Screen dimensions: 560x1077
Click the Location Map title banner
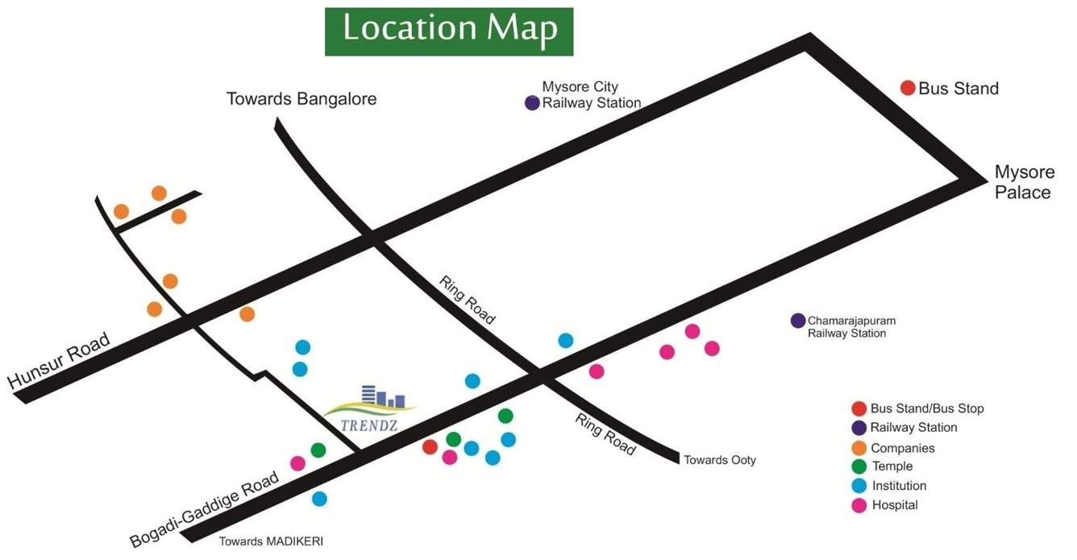449,31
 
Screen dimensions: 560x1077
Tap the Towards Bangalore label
301,99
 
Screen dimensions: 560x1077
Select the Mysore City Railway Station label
591,94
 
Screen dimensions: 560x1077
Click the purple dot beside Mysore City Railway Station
532,102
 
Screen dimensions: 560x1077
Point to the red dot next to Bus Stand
908,88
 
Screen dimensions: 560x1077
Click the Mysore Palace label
1023,182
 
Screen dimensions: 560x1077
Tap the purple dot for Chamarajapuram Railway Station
798,321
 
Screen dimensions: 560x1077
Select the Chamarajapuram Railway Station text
851,326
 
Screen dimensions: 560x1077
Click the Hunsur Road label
59,362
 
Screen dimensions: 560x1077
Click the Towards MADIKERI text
271,541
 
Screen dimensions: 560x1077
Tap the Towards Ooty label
720,460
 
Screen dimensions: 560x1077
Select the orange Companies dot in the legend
859,448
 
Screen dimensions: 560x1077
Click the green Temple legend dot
859,467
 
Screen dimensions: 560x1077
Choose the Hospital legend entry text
894,505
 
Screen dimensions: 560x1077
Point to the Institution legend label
899,486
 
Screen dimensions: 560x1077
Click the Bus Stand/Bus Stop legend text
927,409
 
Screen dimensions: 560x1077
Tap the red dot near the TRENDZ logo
430,446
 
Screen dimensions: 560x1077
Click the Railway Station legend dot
859,428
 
